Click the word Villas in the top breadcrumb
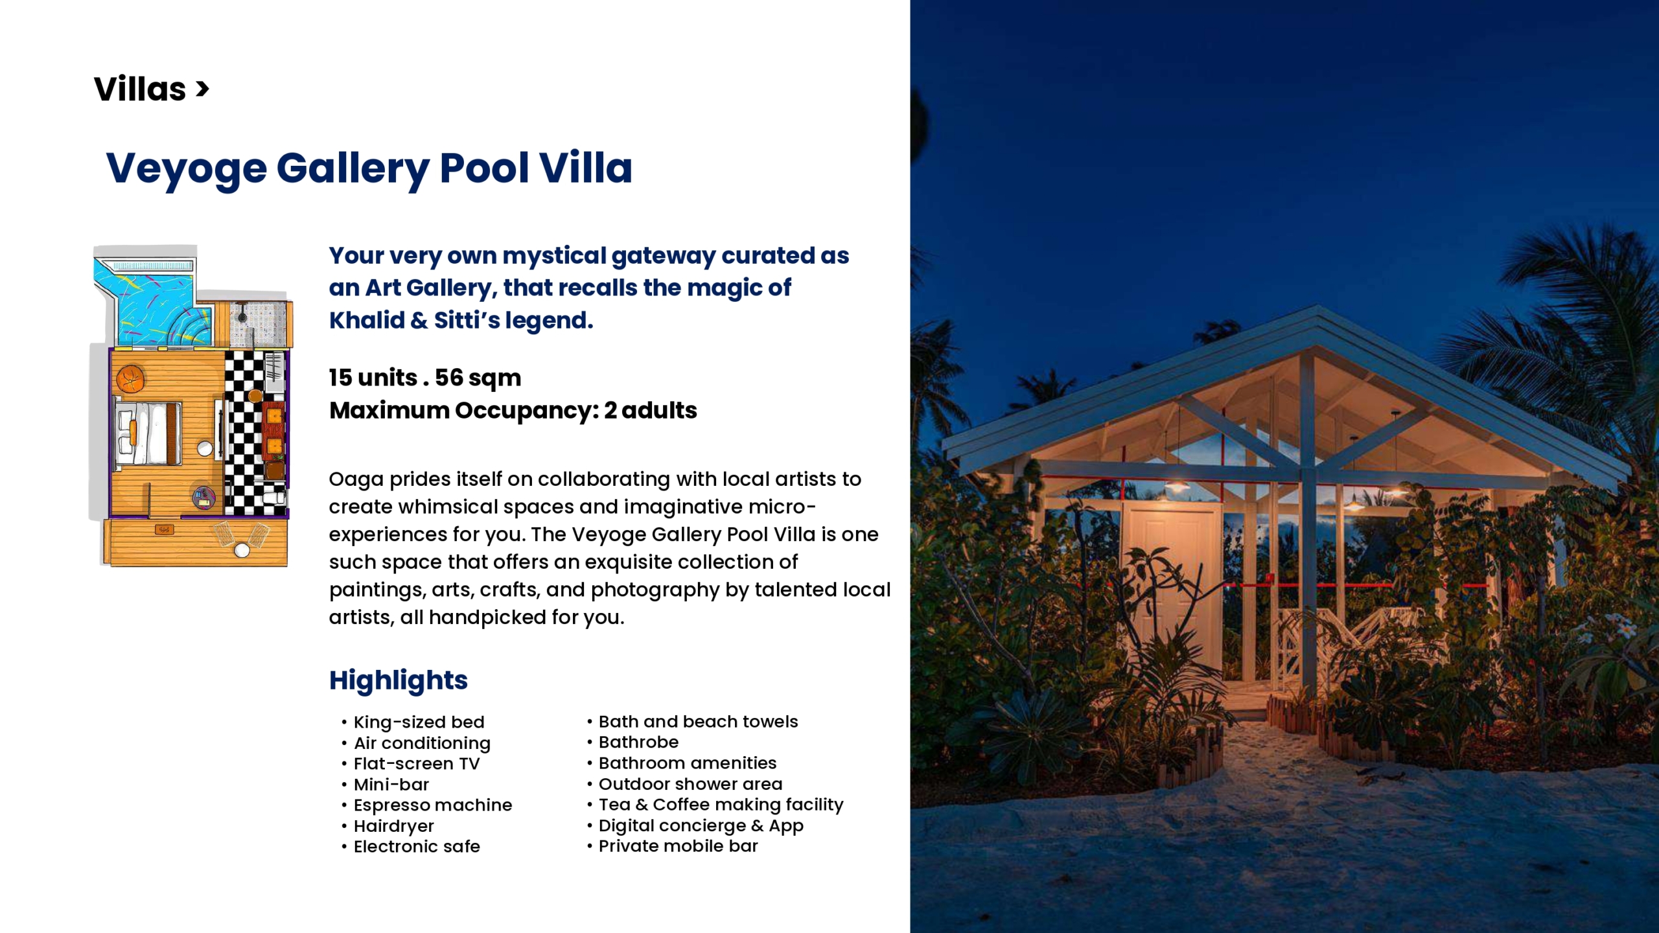tap(140, 89)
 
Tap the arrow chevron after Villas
tap(202, 89)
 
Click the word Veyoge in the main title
tap(186, 168)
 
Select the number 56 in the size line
tap(449, 377)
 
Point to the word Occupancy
tap(527, 411)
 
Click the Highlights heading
tap(398, 680)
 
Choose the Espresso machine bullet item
tap(433, 805)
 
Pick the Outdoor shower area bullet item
tap(690, 784)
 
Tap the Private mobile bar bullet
tap(678, 846)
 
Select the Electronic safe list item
tap(417, 846)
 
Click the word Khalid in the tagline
tap(367, 320)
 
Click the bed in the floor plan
tap(148, 433)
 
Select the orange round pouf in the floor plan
tap(130, 379)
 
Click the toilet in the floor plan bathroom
tap(275, 498)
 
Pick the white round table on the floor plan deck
tap(242, 551)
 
